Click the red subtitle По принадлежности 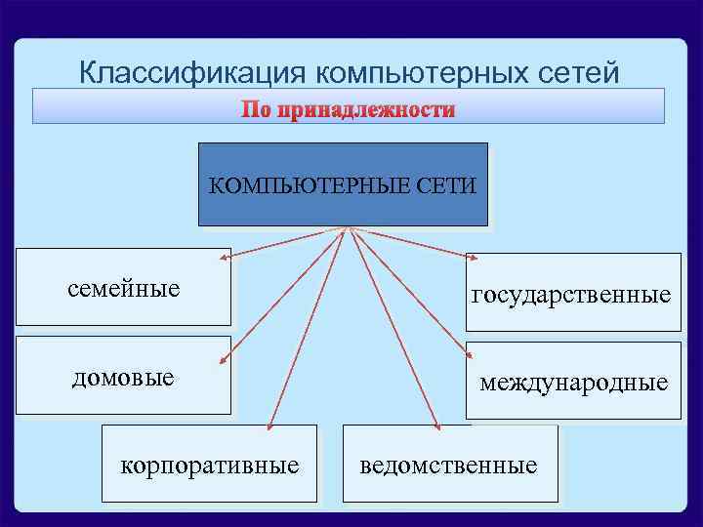tap(349, 109)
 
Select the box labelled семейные tap(124, 288)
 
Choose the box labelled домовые tap(124, 376)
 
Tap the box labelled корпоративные tap(209, 465)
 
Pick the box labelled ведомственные tap(448, 465)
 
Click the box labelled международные tap(573, 382)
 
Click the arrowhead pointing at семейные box tap(224, 260)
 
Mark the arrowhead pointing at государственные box tap(473, 261)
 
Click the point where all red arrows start tap(348, 230)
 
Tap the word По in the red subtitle tap(257, 109)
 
